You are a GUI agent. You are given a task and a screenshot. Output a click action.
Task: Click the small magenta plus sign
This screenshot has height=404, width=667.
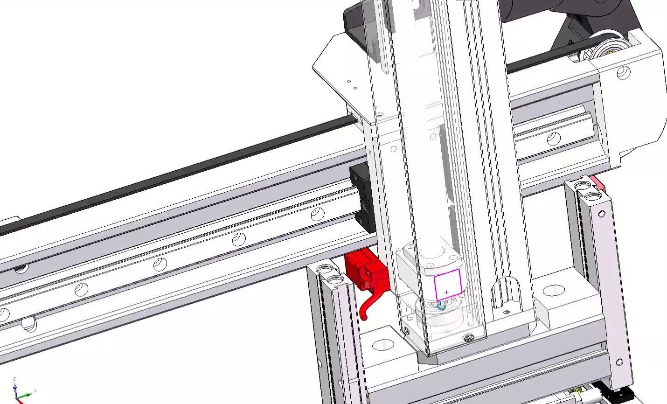click(x=447, y=293)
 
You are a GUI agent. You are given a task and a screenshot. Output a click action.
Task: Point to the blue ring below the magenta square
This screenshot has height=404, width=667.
click(x=440, y=306)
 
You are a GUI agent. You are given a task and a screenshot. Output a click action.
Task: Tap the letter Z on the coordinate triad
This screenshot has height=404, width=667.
click(x=15, y=379)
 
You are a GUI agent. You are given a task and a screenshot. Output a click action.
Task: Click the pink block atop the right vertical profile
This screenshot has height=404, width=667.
click(x=598, y=182)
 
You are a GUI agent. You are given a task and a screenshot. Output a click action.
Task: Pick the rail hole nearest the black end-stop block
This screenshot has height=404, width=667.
click(x=318, y=214)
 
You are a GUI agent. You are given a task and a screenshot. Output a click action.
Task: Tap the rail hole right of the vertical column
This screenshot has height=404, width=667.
click(x=553, y=138)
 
